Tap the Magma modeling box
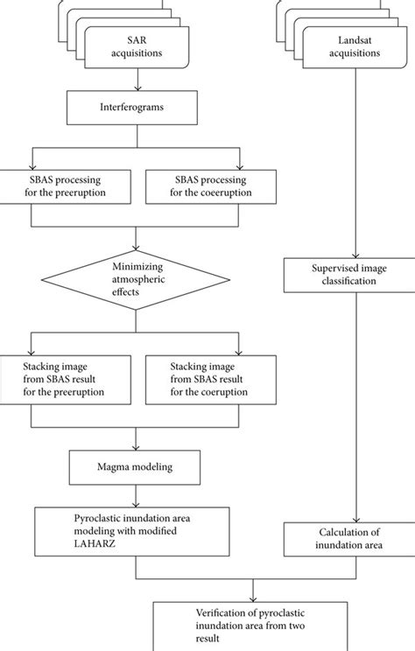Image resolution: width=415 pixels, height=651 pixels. tap(136, 467)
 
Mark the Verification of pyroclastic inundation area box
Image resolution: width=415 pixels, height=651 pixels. tap(255, 626)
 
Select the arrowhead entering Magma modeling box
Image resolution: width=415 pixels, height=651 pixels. tap(136, 448)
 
